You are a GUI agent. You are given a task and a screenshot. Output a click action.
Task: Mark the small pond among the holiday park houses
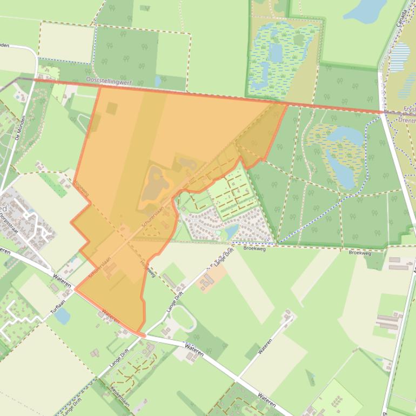pyautogui.click(x=231, y=231)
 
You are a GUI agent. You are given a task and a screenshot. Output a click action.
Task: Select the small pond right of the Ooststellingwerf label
pyautogui.click(x=157, y=81)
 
